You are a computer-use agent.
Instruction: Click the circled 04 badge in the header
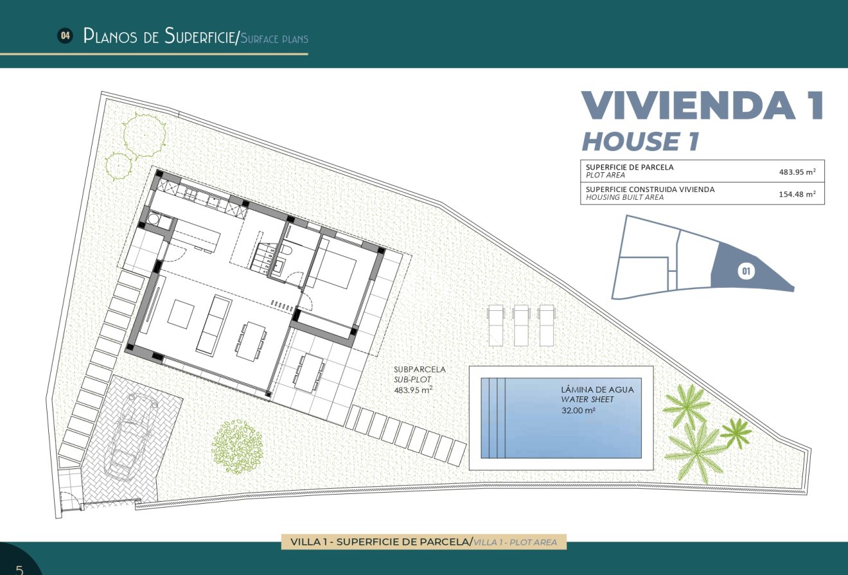pos(65,36)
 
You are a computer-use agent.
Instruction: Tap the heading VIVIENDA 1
pos(702,106)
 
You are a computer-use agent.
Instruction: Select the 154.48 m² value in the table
pos(797,193)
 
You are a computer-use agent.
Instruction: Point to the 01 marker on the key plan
pos(746,271)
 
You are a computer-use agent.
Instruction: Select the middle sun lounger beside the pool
pos(521,324)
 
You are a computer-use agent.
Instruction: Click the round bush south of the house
pos(237,447)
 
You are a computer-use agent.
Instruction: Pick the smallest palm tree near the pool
pos(736,432)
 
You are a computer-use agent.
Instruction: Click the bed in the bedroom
pos(335,269)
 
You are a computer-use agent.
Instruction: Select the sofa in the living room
pos(213,325)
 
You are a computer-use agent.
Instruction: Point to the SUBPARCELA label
pos(420,369)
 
